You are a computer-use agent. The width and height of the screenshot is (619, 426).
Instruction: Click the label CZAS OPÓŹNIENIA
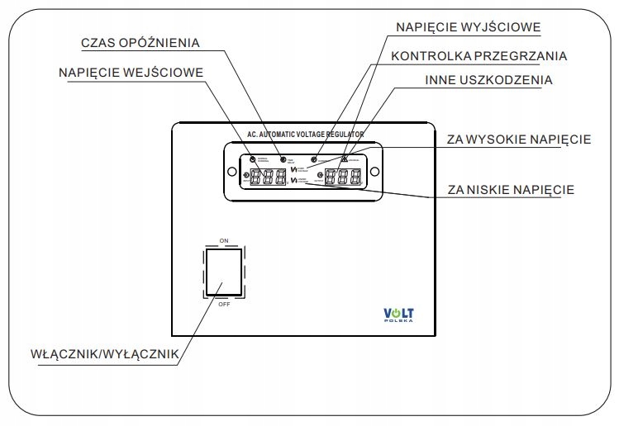pos(140,41)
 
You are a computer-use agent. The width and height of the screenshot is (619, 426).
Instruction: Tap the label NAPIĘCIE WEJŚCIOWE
pos(131,71)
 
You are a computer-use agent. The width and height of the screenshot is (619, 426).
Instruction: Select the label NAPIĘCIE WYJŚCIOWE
pos(468,27)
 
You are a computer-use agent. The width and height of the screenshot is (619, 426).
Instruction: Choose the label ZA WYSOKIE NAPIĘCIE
pos(518,139)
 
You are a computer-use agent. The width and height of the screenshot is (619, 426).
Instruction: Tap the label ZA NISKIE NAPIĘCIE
pos(510,189)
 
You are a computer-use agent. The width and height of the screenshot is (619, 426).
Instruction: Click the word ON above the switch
pos(224,240)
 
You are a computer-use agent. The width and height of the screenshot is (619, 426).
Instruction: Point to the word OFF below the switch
pos(224,304)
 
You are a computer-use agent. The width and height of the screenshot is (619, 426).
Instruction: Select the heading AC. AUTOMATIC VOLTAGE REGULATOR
pos(306,133)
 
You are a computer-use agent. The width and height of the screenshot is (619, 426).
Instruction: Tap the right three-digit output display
pos(342,177)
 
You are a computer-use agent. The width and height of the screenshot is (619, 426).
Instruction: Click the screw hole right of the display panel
pos(374,172)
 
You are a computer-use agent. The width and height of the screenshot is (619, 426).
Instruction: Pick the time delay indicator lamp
pos(283,158)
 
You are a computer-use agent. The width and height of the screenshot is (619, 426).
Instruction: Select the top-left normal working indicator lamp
pos(251,158)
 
